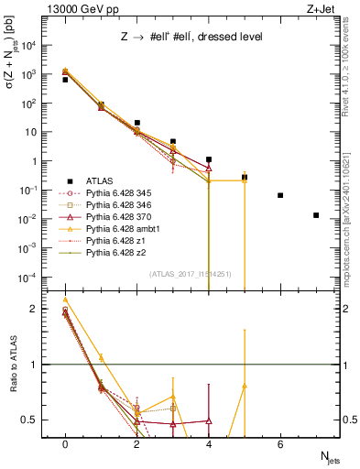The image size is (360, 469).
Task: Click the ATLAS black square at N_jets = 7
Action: click(316, 215)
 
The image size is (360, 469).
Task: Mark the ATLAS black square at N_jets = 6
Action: click(280, 195)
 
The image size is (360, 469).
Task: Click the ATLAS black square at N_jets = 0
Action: click(65, 80)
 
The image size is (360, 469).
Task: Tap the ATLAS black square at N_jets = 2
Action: click(136, 122)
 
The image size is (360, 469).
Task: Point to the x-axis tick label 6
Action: click(280, 444)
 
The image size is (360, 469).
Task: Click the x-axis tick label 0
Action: click(65, 444)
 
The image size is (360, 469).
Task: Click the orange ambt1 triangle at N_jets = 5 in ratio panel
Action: click(245, 387)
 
